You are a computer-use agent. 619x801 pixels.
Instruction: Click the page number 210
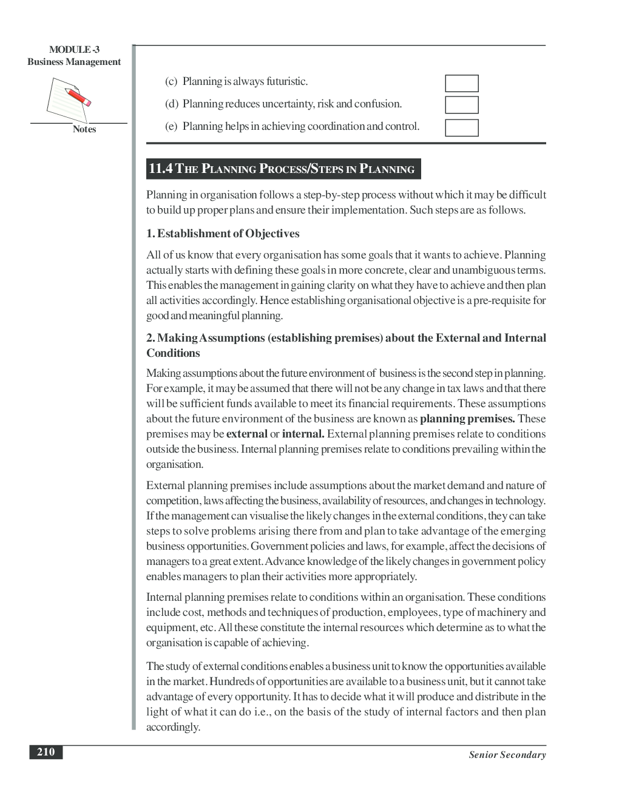point(46,752)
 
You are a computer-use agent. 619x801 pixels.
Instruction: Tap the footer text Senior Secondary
point(507,755)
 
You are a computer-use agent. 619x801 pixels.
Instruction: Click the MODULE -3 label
point(74,50)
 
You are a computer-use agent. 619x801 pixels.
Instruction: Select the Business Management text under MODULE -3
point(74,62)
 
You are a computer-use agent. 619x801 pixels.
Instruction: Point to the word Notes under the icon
point(84,129)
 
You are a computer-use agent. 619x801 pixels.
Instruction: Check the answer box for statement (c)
point(461,83)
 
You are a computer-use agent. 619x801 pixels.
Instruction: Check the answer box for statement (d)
point(461,105)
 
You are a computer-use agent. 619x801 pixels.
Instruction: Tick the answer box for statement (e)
point(461,127)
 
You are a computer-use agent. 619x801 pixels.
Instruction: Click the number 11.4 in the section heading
point(161,169)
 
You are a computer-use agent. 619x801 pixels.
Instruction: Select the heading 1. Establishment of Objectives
point(223,234)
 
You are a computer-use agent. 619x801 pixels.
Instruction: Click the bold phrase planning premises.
point(467,419)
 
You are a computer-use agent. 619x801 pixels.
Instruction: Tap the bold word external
point(246,434)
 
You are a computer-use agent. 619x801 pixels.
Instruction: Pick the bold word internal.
point(303,434)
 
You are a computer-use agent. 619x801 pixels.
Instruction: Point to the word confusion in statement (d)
point(379,104)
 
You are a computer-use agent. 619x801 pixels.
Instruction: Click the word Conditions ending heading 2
point(173,353)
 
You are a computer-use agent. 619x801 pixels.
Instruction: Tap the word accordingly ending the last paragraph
point(172,727)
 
